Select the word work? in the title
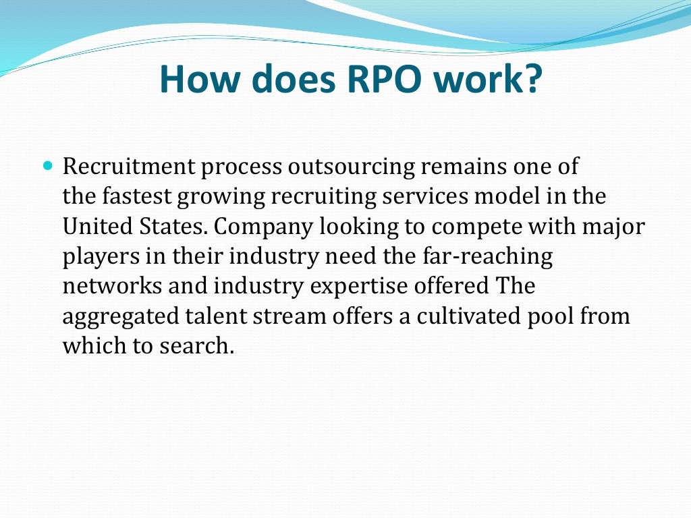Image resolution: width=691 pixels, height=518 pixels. pos(493,79)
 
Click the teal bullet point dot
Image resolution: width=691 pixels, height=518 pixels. pos(47,165)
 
